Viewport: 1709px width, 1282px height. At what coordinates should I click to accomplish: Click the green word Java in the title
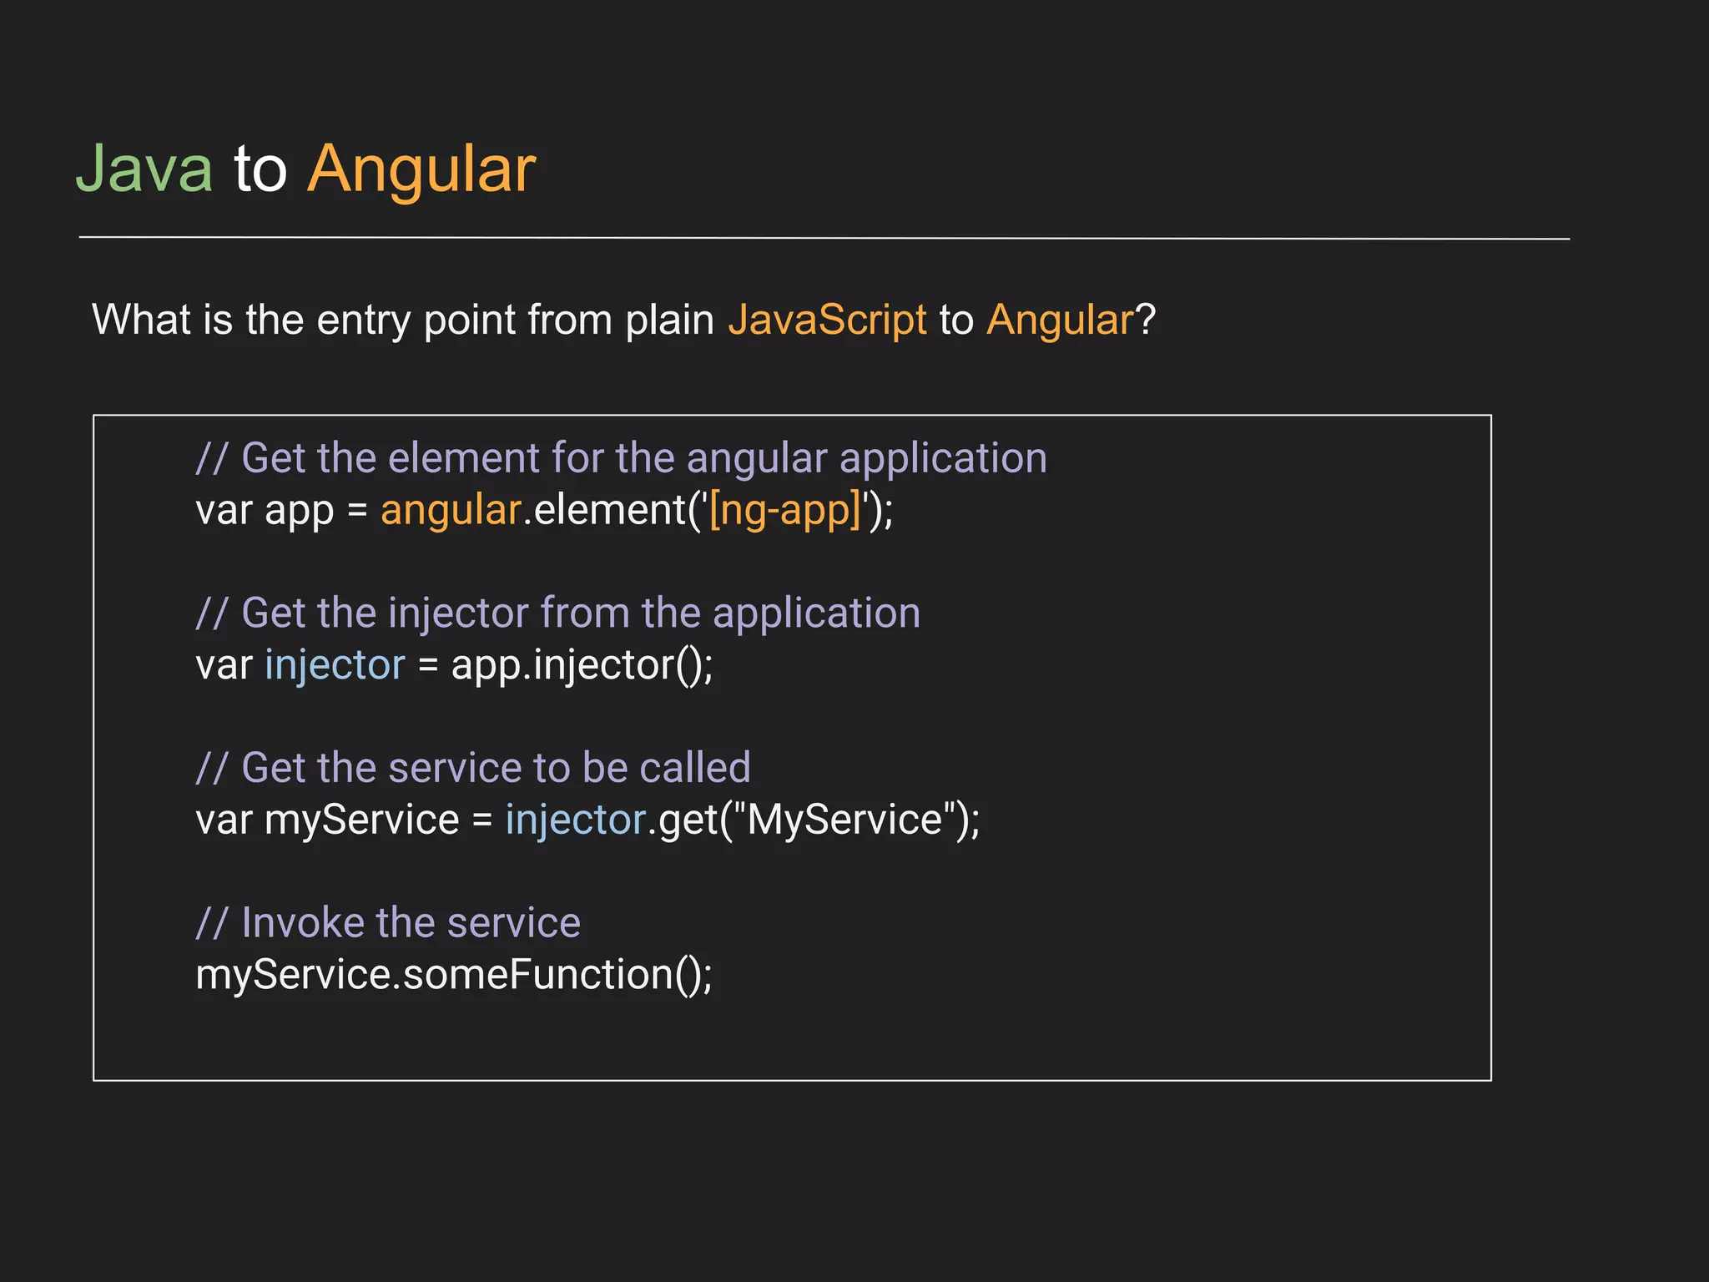coord(144,169)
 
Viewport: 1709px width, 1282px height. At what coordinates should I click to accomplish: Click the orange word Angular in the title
coord(421,170)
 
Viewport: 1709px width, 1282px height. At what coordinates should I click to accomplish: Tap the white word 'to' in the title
coord(260,169)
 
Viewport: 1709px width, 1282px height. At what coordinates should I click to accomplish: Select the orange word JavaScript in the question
coord(827,320)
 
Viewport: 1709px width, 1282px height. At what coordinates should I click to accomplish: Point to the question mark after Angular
coord(1146,320)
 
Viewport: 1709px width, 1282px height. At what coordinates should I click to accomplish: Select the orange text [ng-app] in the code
coord(784,510)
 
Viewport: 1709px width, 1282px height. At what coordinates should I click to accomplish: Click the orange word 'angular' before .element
coord(451,510)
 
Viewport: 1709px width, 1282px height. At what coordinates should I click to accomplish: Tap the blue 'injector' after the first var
coord(335,665)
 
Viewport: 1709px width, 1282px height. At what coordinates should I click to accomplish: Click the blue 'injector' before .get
coord(576,820)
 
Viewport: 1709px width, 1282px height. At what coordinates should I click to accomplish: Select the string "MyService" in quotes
coord(844,820)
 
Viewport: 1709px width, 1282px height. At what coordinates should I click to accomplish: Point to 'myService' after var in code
coord(361,820)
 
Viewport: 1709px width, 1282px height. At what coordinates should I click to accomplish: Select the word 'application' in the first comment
coord(943,458)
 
